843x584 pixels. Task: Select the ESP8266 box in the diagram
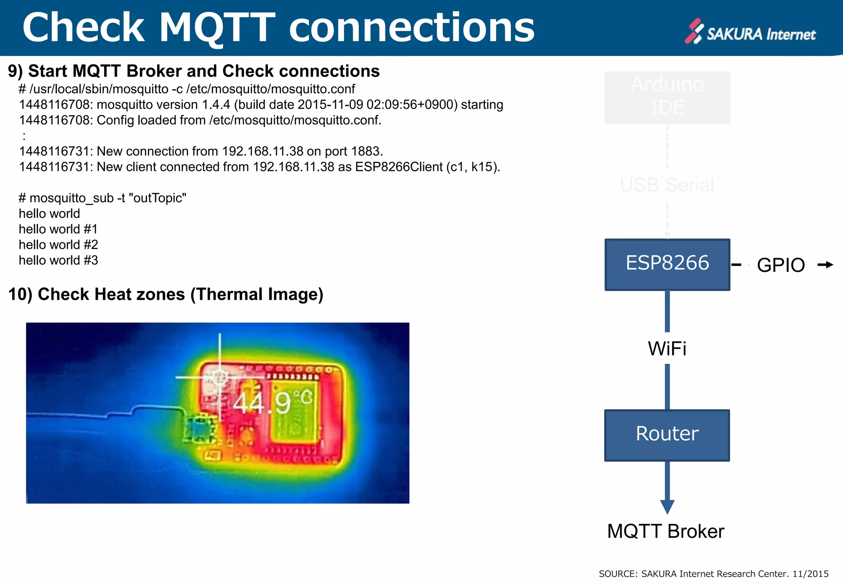coord(667,264)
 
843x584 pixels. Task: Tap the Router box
coord(667,435)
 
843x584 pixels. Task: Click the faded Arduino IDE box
coord(667,97)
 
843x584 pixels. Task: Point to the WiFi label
coord(667,348)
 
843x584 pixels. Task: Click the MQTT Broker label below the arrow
coord(666,531)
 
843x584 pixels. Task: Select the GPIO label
coord(781,265)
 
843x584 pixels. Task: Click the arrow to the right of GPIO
coord(825,265)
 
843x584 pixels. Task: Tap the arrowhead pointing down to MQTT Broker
coord(667,507)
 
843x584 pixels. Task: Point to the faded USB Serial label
coord(667,185)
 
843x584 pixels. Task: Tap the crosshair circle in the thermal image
coord(219,377)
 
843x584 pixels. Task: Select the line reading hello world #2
coord(58,245)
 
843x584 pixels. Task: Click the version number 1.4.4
coord(216,105)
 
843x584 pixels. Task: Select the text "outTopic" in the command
coord(157,198)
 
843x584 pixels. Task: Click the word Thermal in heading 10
coord(228,294)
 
